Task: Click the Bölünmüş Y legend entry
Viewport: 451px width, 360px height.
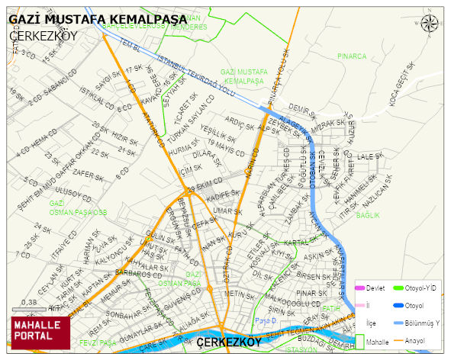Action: pyautogui.click(x=422, y=323)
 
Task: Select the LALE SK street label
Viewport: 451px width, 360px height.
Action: pyautogui.click(x=369, y=156)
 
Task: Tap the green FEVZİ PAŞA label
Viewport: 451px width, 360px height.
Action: pyautogui.click(x=97, y=343)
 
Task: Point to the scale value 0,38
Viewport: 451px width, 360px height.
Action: pyautogui.click(x=29, y=302)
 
